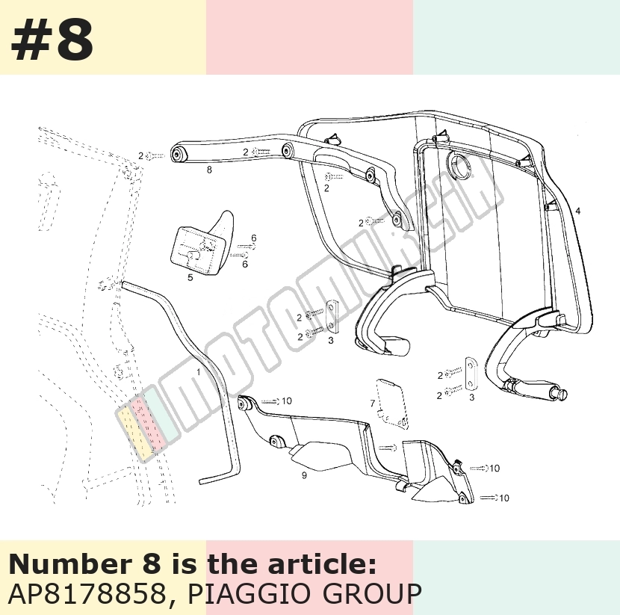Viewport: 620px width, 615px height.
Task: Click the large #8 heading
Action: (52, 40)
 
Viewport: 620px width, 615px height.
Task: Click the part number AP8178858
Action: (87, 593)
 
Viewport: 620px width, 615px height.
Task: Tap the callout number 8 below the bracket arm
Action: (209, 170)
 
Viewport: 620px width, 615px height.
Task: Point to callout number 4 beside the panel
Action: (578, 211)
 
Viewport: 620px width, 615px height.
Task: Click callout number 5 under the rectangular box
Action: (190, 278)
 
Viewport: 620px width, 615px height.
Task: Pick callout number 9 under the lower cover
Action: (304, 475)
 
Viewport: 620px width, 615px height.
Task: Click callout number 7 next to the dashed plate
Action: (372, 404)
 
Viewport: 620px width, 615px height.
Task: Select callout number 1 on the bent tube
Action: (198, 372)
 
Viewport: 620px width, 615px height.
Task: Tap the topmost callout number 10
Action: (287, 401)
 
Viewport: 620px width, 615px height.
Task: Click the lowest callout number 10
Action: (503, 498)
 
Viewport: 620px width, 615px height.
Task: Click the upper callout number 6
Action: (253, 238)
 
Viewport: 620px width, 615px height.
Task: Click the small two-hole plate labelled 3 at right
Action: (470, 374)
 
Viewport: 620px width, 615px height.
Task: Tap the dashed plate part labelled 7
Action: (391, 404)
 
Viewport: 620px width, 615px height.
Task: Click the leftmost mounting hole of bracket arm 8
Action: (177, 155)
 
